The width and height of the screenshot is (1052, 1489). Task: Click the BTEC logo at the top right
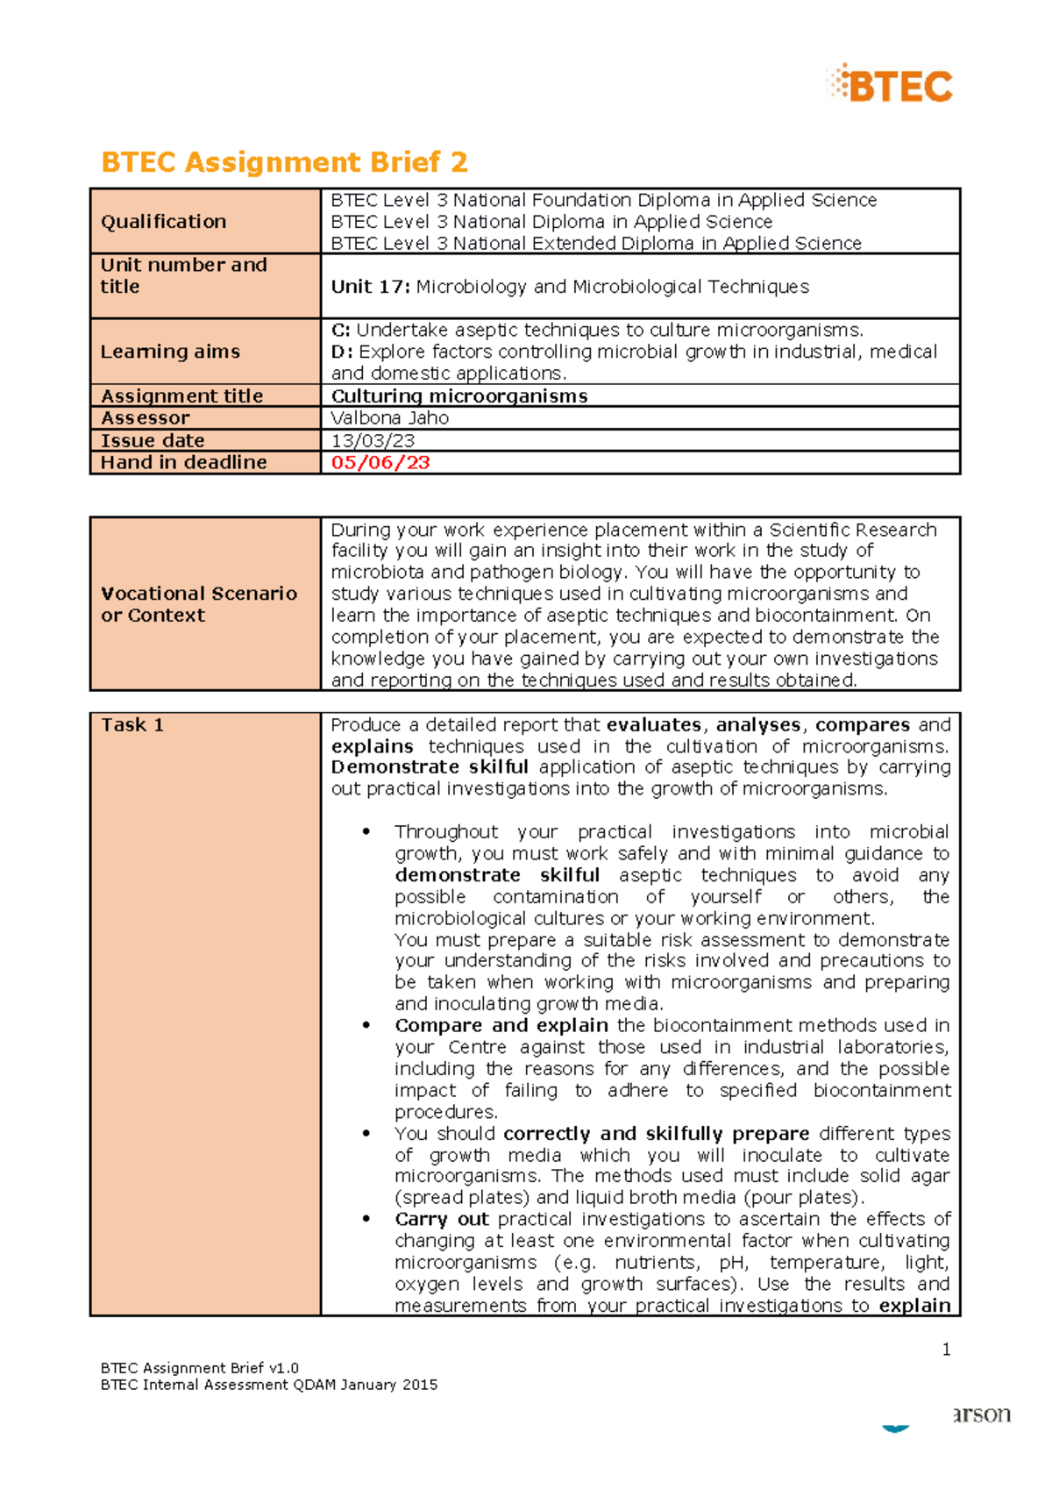(x=890, y=85)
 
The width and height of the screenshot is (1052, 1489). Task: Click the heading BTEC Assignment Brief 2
(x=284, y=162)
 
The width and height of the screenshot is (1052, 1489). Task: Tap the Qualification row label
(x=163, y=222)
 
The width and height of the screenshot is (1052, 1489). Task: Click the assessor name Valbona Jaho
(x=389, y=418)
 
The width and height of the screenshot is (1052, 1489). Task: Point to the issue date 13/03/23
(x=373, y=440)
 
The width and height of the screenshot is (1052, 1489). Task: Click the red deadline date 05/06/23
(x=380, y=462)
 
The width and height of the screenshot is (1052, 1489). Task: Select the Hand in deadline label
(x=183, y=462)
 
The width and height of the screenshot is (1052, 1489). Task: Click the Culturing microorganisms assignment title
(x=459, y=395)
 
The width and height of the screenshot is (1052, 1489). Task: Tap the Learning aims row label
(x=170, y=352)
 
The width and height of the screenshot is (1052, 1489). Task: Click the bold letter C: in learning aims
(x=341, y=330)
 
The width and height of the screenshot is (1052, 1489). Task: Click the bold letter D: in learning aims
(x=342, y=352)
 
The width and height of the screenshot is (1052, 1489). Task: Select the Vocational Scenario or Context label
(x=198, y=604)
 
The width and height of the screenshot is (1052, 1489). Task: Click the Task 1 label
(x=132, y=725)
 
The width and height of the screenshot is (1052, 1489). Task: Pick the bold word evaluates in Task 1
(x=653, y=725)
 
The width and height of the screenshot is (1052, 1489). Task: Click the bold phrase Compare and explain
(x=501, y=1025)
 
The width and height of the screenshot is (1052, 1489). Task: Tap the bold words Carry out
(x=441, y=1219)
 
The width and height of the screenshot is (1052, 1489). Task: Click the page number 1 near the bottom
(x=946, y=1350)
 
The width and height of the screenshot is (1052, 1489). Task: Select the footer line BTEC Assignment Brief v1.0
(x=199, y=1368)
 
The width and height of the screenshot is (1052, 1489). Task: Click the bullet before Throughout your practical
(x=366, y=832)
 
